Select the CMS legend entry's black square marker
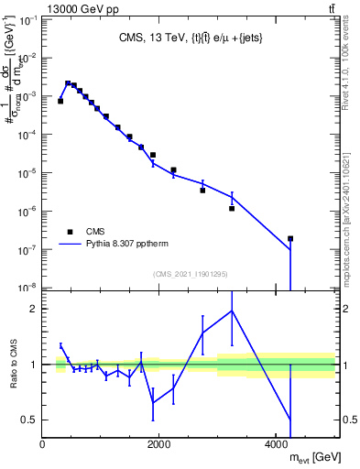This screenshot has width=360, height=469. [x=70, y=232]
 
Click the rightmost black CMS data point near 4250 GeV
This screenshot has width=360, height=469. [x=290, y=238]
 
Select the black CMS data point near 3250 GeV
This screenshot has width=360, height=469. [x=232, y=209]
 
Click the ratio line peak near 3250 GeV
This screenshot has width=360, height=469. [x=232, y=311]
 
